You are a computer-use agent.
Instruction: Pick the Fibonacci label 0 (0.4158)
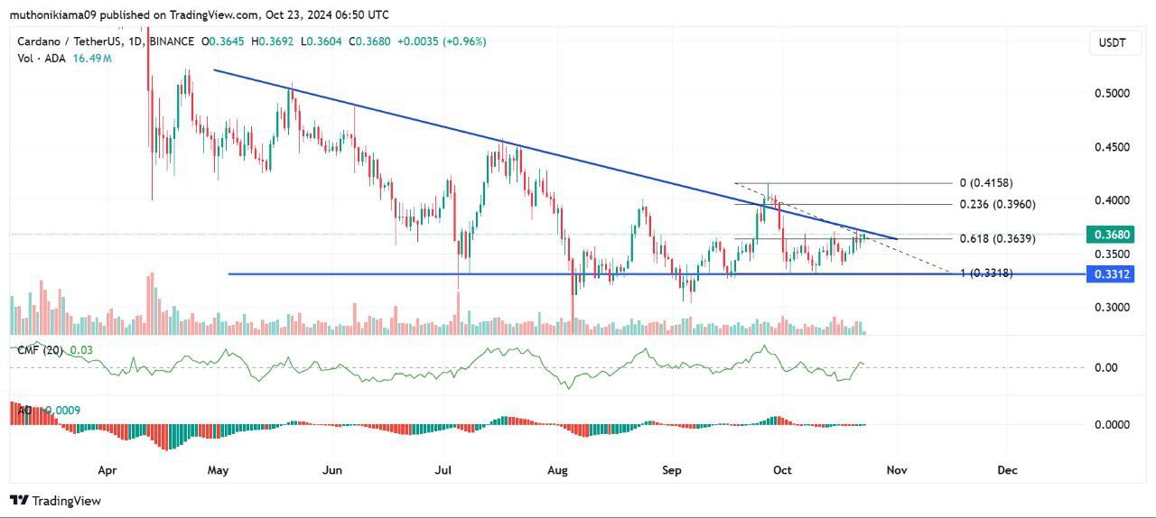click(987, 183)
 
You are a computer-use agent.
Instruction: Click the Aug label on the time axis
click(558, 470)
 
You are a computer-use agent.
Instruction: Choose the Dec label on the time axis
click(1007, 470)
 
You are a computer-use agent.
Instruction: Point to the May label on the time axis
click(218, 470)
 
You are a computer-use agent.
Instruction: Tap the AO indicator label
click(24, 411)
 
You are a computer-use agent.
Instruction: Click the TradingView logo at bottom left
click(56, 500)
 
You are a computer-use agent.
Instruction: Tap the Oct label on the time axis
click(782, 470)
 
